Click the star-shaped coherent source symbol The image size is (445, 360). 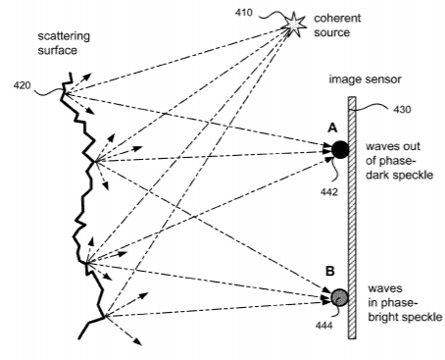point(294,24)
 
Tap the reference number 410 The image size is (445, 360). point(244,13)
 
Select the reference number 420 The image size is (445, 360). point(22,85)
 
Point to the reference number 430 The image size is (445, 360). point(402,109)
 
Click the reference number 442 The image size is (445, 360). point(329,192)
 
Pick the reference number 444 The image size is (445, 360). point(324,325)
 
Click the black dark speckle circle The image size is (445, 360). point(340,150)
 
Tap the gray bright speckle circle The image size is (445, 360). point(340,297)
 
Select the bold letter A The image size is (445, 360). point(332,129)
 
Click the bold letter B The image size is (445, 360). point(330,271)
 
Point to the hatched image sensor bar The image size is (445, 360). point(352,218)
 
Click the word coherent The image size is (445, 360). point(337,18)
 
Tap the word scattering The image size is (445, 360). point(64,37)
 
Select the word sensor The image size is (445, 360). point(383,79)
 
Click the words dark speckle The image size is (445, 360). point(399,175)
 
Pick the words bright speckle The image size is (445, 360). point(406,317)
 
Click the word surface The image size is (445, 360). point(58,50)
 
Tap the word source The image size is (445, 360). point(332,32)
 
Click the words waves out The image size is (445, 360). point(393,146)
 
